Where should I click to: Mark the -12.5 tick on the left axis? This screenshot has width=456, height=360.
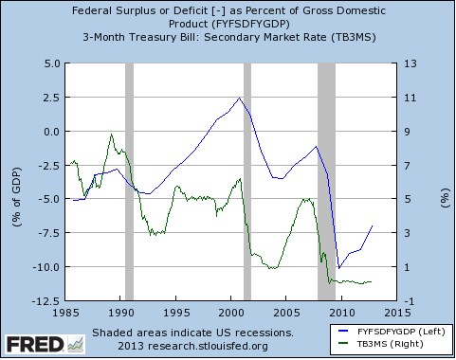43,300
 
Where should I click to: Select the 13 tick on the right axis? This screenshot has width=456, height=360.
410,63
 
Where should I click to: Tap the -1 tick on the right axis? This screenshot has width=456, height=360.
409,300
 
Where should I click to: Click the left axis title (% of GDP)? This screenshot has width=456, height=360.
14,182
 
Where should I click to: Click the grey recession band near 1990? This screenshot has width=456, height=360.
129,180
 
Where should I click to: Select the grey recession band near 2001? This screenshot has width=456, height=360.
247,180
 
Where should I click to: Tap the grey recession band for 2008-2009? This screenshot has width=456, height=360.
326,180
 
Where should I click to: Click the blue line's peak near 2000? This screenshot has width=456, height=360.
239,99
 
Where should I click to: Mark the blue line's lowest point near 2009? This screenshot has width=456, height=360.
338,268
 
